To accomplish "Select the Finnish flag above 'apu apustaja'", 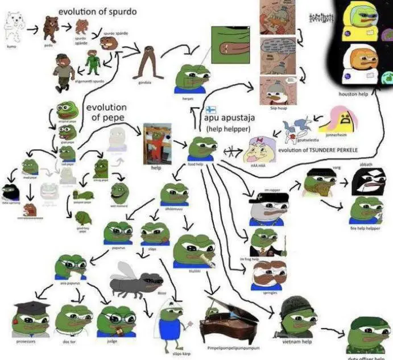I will (x=210, y=110).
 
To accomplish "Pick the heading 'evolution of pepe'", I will (x=110, y=112).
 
